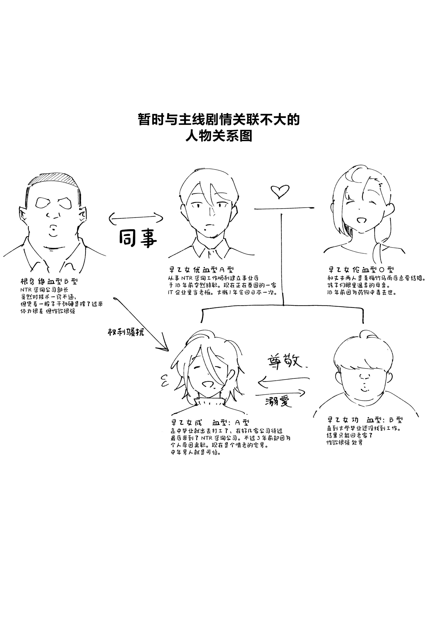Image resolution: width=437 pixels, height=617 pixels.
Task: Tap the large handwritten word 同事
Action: [138, 238]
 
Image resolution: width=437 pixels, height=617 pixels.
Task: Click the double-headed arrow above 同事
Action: [136, 218]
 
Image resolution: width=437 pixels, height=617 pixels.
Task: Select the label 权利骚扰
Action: [126, 332]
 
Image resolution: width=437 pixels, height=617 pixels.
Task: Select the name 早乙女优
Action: [185, 270]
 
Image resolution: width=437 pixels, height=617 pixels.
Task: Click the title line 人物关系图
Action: [219, 135]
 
